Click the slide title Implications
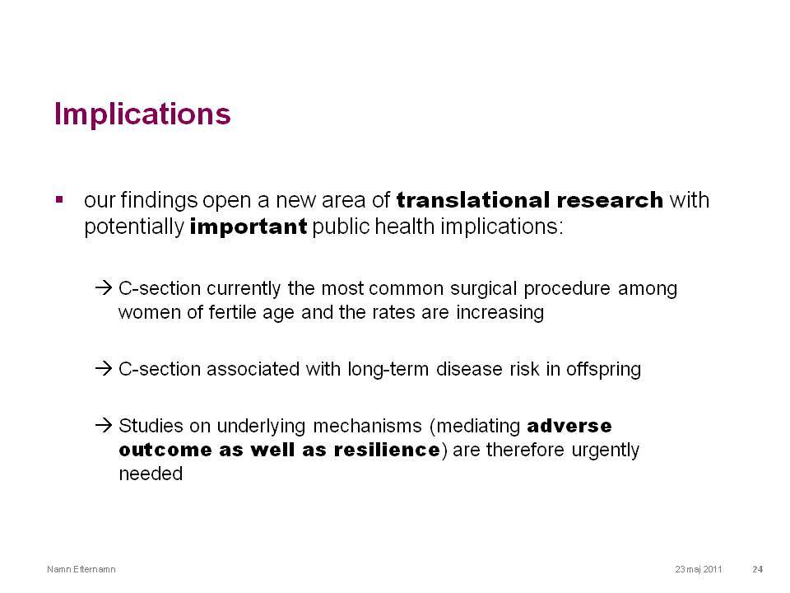coord(142,114)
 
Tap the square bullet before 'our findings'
coord(59,199)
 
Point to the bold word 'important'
coord(249,227)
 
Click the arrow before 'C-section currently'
coord(104,288)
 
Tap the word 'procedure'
coord(567,289)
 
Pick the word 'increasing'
coord(500,313)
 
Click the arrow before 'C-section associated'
coord(104,369)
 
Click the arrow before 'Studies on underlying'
coord(104,425)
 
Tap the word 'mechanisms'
coord(367,426)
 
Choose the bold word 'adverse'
coord(569,426)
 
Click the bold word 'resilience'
coord(387,450)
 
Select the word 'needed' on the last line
coord(151,474)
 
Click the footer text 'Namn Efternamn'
coord(81,569)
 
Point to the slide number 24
coord(758,569)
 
